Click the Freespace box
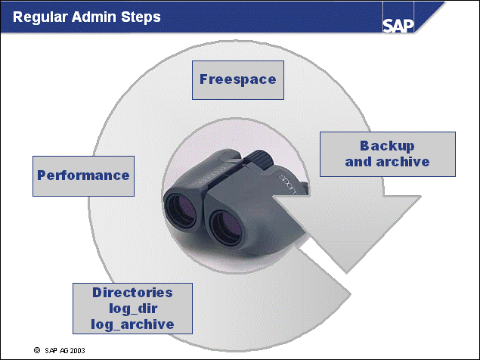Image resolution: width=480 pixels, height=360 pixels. click(237, 79)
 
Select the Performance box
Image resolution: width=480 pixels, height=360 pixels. click(83, 175)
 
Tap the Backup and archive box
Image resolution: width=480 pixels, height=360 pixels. click(387, 154)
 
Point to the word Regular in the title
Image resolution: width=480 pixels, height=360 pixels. click(39, 17)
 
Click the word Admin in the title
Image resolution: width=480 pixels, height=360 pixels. click(97, 17)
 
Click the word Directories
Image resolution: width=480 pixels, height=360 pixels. click(132, 292)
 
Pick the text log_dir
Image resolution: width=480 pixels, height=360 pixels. click(132, 308)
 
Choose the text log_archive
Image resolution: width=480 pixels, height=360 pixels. click(132, 324)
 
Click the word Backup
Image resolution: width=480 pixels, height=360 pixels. click(387, 146)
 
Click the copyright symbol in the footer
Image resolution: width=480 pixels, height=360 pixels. click(36, 351)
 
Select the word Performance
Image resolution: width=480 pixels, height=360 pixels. click(83, 175)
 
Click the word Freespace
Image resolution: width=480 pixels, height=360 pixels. click(237, 79)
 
